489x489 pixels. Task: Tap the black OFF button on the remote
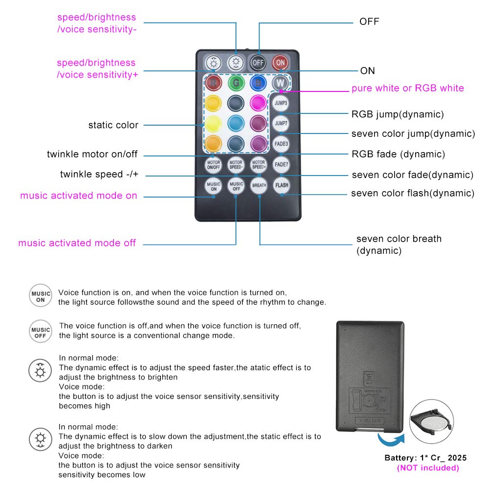[x=258, y=63]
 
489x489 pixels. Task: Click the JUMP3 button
[x=281, y=104]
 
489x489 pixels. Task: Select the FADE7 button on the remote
[x=281, y=164]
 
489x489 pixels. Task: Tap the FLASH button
[x=281, y=185]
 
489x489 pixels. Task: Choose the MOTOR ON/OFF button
[x=213, y=165]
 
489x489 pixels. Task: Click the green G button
[x=236, y=83]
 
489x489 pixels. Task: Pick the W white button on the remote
[x=280, y=83]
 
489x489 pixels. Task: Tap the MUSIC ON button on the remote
[x=213, y=186]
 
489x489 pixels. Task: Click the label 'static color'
[x=113, y=125]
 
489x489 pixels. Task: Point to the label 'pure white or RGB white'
[x=407, y=89]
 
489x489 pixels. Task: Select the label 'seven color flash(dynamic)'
[x=412, y=193]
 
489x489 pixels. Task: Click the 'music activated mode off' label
[x=77, y=243]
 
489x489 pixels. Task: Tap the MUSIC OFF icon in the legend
[x=40, y=333]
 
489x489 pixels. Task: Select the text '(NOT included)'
[x=428, y=468]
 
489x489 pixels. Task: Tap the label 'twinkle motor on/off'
[x=92, y=155]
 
